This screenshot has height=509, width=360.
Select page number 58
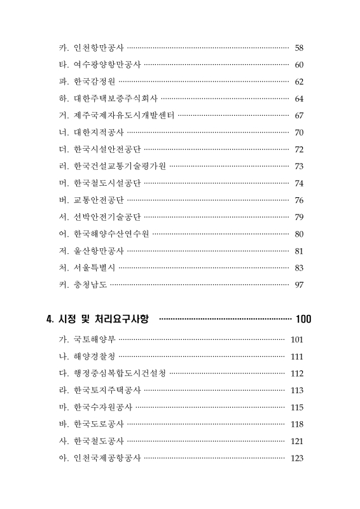click(x=299, y=48)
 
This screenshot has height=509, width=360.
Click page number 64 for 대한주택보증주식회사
click(x=299, y=99)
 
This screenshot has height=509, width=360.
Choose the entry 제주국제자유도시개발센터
click(x=124, y=115)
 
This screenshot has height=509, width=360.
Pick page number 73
click(x=299, y=166)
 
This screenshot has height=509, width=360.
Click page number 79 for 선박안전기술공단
click(x=299, y=217)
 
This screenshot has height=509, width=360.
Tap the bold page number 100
click(x=303, y=318)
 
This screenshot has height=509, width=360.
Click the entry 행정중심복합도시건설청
click(x=120, y=373)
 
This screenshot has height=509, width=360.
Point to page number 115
click(x=297, y=407)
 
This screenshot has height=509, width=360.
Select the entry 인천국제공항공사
click(x=107, y=458)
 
